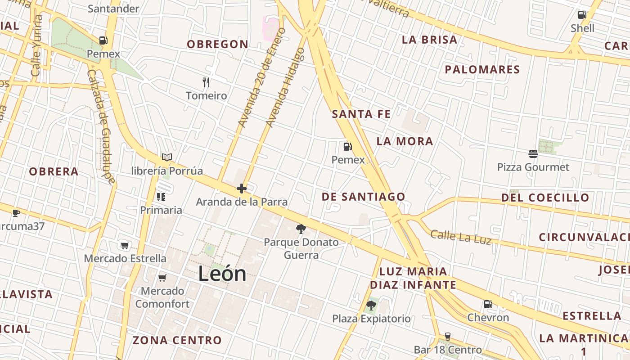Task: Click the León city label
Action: click(222, 274)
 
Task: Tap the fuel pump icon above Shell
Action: click(582, 15)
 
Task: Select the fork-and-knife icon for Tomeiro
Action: click(206, 82)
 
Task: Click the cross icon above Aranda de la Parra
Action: click(242, 189)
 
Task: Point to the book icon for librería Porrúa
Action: click(167, 157)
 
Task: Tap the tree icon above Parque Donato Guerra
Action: click(301, 229)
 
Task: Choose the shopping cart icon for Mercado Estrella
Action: click(125, 245)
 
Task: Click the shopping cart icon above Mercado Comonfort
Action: click(162, 278)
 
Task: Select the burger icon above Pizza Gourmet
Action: click(533, 154)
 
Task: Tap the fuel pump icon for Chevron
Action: click(488, 304)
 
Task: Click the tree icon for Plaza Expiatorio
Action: click(371, 306)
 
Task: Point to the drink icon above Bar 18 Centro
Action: click(447, 336)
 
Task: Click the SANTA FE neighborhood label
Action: click(361, 114)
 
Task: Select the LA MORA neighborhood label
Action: click(405, 141)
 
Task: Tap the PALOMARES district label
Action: click(482, 70)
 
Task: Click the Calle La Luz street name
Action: click(460, 237)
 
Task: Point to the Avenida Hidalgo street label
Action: click(285, 87)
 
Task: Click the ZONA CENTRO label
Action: click(177, 340)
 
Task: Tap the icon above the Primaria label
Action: click(161, 197)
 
